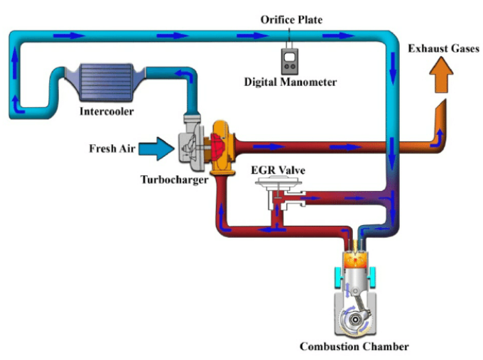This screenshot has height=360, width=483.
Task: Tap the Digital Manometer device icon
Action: pos(290,61)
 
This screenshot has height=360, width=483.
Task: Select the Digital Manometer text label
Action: pos(290,82)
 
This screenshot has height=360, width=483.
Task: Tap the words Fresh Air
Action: pos(112,148)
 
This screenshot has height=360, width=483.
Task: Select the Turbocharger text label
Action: pos(174,180)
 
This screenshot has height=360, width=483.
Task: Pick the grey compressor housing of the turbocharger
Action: pos(190,146)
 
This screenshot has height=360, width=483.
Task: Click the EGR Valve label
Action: pos(278,171)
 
